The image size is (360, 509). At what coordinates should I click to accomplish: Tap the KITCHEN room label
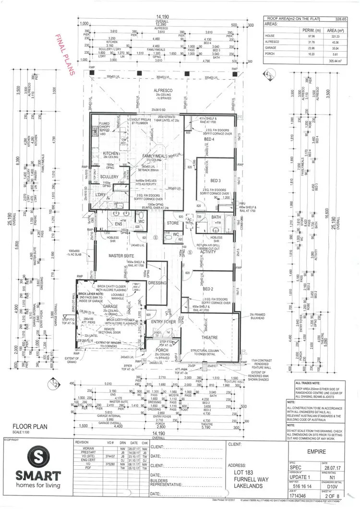tap(110, 154)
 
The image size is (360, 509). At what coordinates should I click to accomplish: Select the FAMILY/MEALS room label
tap(155, 156)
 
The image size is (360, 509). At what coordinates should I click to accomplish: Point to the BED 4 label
tap(209, 139)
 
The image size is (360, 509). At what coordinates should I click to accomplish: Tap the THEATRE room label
tap(209, 337)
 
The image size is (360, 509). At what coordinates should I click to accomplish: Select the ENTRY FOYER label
tap(164, 322)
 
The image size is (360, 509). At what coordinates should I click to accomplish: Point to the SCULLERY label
tap(109, 177)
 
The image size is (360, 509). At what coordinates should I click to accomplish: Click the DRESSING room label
tap(157, 283)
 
